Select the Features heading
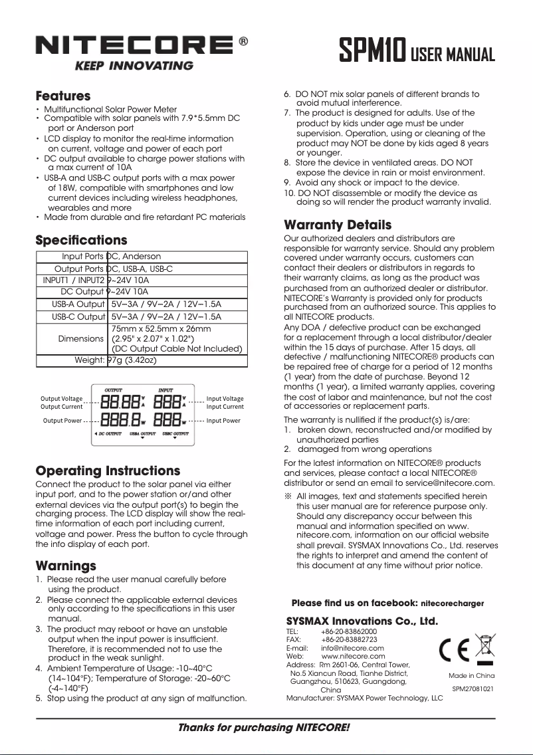pos(62,96)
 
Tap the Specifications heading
pos(80,239)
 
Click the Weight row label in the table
pos(89,360)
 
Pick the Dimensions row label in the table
pos(81,339)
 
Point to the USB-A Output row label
pos(78,304)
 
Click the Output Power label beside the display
pos(62,421)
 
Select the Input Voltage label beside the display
pos(225,399)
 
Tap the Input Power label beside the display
pos(223,421)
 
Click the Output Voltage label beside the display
pos(62,399)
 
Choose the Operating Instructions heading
pos(108,471)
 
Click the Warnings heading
pos(65,566)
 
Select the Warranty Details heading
pos(338,225)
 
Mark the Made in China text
pos(471,675)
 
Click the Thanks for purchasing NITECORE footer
pos(264,727)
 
